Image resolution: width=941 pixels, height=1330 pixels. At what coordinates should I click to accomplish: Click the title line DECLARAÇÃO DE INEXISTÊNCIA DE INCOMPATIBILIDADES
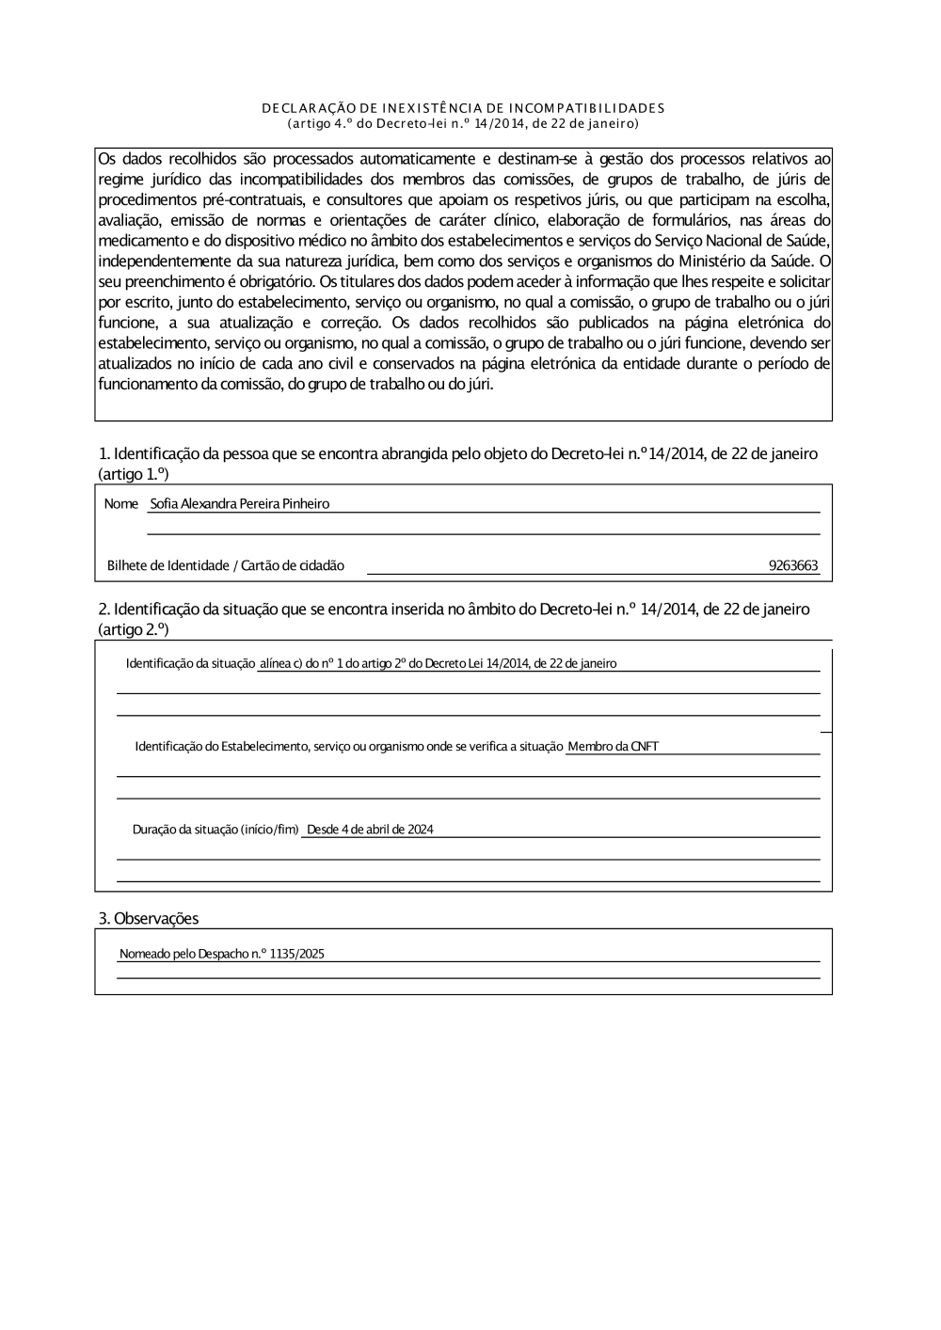[463, 108]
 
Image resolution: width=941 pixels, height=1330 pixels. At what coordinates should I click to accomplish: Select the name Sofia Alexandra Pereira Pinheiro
[240, 504]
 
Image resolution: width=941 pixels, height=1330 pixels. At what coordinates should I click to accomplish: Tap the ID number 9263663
[793, 566]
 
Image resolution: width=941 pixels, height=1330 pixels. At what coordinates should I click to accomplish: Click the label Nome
[121, 504]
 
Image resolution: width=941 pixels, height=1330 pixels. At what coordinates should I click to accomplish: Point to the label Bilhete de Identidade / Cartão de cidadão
[226, 566]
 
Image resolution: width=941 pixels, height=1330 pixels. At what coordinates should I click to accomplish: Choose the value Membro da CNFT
[613, 747]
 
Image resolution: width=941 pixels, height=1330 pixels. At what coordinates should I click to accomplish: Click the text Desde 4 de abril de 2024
[370, 830]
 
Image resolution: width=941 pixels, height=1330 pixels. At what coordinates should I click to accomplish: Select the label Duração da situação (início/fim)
[215, 830]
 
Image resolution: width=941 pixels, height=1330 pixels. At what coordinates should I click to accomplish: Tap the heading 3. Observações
[149, 918]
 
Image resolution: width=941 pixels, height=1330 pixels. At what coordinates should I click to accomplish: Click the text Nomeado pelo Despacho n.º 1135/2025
[222, 954]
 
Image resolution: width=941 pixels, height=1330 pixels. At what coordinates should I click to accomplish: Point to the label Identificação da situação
[191, 664]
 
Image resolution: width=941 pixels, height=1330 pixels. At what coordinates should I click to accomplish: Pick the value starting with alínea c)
[438, 664]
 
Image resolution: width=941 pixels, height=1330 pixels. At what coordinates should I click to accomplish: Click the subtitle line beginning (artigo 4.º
[463, 123]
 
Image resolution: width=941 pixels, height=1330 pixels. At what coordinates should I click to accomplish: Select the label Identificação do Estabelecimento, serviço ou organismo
[349, 747]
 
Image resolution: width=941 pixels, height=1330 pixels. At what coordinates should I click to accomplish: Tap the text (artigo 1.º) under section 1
[134, 475]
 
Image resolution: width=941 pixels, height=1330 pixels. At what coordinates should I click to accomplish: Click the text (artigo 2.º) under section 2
[134, 629]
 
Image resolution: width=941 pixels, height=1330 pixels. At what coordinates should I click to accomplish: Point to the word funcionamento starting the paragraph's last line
[147, 384]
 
